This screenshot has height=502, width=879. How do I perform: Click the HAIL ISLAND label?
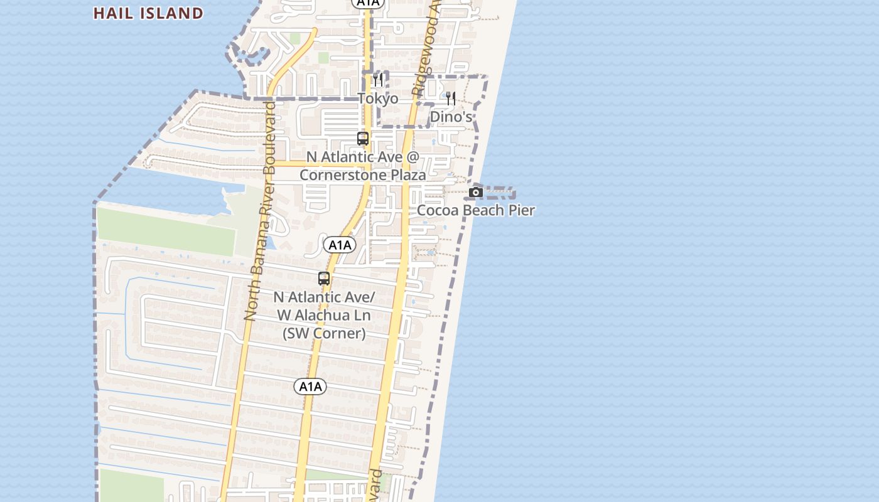[x=148, y=13]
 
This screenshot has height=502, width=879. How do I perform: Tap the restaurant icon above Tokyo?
[x=377, y=80]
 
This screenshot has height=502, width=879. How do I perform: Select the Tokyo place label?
[x=377, y=99]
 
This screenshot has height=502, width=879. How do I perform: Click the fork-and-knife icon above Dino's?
[x=451, y=99]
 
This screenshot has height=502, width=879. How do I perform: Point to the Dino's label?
[x=451, y=117]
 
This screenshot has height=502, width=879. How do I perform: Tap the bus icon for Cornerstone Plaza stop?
[x=363, y=139]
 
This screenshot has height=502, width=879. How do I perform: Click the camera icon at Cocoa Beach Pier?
[x=476, y=192]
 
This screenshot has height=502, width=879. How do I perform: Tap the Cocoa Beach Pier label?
[x=476, y=210]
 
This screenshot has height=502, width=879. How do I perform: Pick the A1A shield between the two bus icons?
[x=340, y=245]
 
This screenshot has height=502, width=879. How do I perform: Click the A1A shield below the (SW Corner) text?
[x=310, y=387]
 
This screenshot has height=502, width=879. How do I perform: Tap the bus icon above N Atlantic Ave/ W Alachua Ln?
[x=324, y=279]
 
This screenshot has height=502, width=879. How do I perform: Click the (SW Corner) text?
[x=324, y=333]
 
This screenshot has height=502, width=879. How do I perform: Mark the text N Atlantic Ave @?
[x=362, y=157]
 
